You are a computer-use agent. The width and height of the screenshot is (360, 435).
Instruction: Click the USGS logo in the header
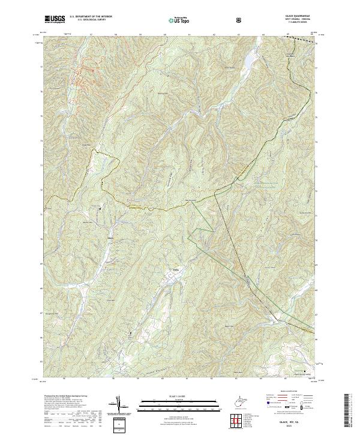55,19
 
